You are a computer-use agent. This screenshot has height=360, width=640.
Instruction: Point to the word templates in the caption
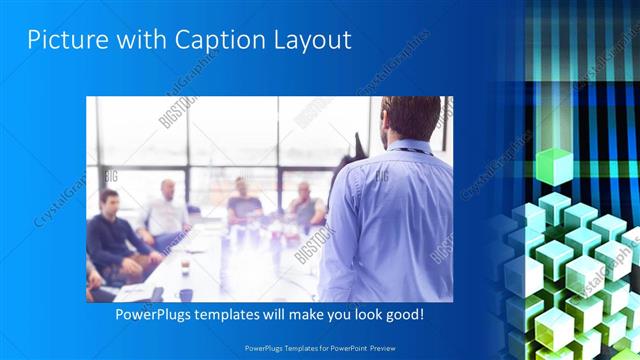click(x=237, y=314)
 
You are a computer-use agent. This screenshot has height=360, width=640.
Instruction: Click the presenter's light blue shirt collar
click(x=405, y=148)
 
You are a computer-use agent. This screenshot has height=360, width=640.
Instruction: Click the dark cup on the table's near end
click(x=186, y=294)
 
